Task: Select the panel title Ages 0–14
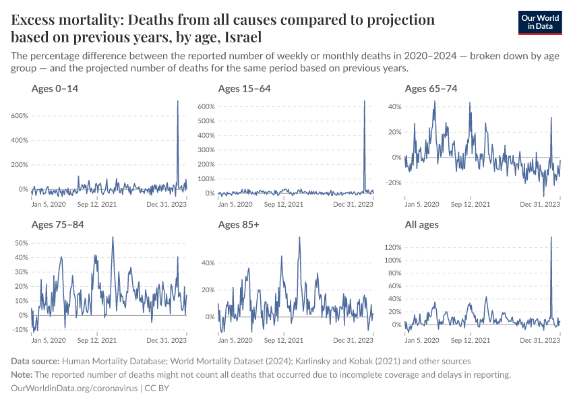[55, 88]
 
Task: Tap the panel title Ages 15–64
[244, 88]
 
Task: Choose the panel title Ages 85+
[239, 224]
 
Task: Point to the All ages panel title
[422, 224]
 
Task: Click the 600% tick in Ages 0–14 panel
[19, 116]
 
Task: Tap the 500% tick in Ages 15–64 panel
[206, 121]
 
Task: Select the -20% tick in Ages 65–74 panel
[392, 182]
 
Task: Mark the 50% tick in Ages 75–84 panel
[20, 242]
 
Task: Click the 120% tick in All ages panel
[392, 247]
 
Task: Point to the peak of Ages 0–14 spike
[178, 101]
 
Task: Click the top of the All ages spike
[551, 236]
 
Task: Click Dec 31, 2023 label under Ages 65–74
[542, 203]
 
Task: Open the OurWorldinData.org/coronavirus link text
[75, 389]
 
